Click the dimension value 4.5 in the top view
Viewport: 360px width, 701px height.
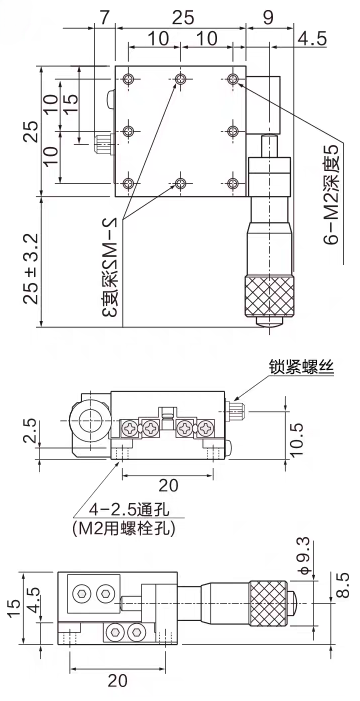312,38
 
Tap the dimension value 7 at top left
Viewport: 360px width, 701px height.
104,17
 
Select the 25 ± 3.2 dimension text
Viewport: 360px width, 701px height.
31,268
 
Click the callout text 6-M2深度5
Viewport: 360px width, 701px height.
335,194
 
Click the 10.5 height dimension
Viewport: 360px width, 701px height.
296,439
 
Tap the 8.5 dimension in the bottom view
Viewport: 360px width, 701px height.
341,585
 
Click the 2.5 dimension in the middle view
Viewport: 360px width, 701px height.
30,431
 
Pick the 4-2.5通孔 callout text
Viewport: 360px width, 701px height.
124,509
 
